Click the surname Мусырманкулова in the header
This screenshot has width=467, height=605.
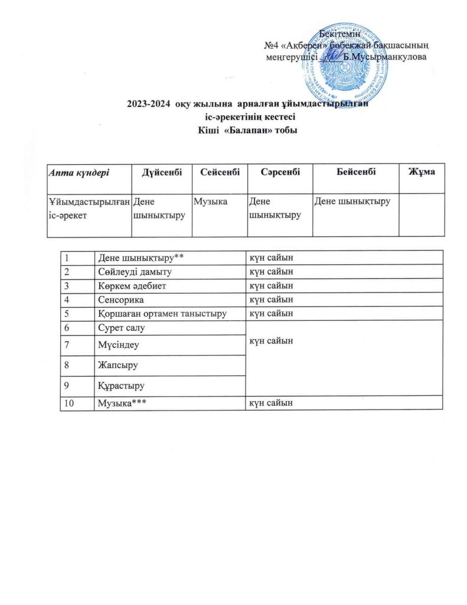(x=384, y=56)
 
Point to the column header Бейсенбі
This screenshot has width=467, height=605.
(x=355, y=171)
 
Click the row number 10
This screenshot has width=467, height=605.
(x=70, y=402)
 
